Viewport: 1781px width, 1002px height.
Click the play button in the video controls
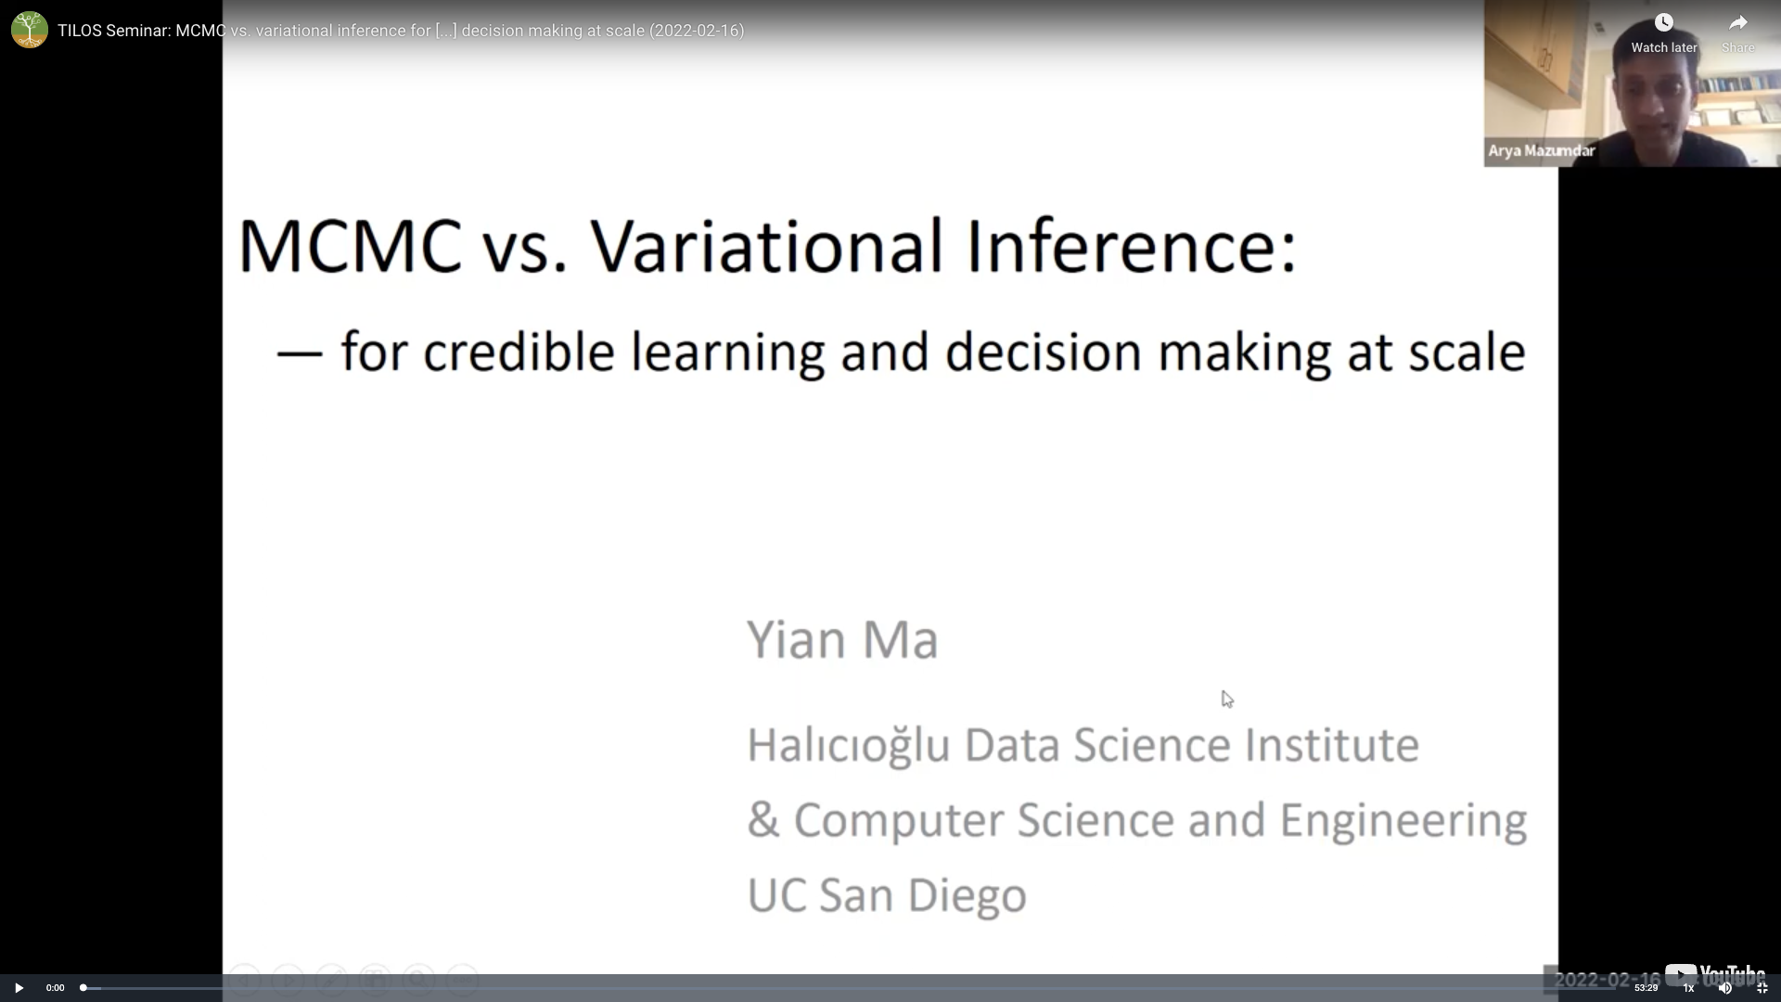coord(19,987)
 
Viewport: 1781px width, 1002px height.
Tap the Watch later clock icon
coord(1664,22)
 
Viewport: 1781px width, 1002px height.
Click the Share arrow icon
coord(1738,22)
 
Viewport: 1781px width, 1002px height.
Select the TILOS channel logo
coord(30,30)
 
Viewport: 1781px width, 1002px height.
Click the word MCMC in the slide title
coord(351,247)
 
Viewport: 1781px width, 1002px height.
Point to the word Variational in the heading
coord(767,247)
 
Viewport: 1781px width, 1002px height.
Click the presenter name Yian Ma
coord(842,639)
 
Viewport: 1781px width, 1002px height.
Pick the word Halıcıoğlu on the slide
coord(849,746)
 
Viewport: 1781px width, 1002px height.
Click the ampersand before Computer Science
coord(763,820)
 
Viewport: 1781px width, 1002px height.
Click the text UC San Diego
coord(887,895)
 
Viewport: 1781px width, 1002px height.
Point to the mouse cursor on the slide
coord(1227,700)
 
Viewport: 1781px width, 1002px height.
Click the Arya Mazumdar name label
coord(1542,150)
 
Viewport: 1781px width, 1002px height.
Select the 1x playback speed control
coord(1688,988)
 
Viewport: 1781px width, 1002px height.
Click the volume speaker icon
coord(1725,988)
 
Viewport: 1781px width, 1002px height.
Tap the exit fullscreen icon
coord(1762,988)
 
